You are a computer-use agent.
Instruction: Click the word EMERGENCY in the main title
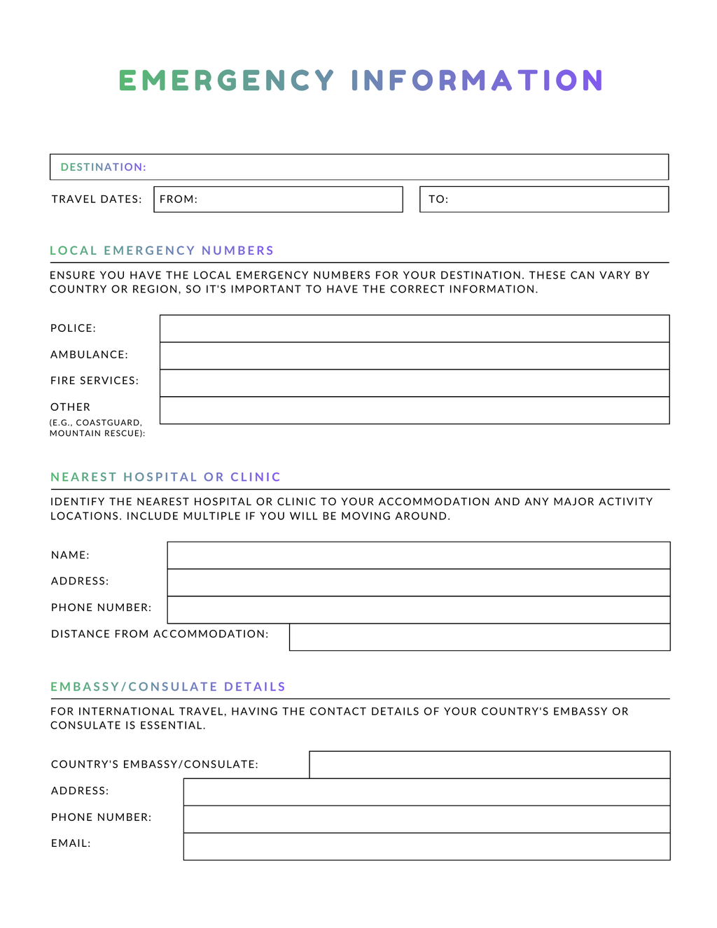pos(226,80)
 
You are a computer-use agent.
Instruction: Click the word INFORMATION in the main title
pos(477,80)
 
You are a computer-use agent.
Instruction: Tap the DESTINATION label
pos(103,167)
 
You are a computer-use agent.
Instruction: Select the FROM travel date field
pos(278,199)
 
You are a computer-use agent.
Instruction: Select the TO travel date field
pos(544,199)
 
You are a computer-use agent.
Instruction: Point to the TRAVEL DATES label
pos(97,199)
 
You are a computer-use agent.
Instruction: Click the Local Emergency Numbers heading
pos(162,251)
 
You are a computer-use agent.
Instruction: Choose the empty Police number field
pos(415,328)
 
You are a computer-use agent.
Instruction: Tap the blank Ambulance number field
pos(415,356)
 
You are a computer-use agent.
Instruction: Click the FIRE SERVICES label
pos(95,381)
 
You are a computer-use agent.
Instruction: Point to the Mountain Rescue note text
pos(97,433)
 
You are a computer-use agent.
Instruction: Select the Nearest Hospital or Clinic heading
pos(165,477)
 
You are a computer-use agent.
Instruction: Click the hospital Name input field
pos(418,555)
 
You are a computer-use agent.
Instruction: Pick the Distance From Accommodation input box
pos(480,637)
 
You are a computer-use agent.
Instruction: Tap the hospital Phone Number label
pos(101,607)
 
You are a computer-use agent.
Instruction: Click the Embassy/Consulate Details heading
pos(168,687)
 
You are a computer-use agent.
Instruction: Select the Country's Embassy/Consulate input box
pos(489,764)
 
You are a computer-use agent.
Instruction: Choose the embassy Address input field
pos(426,792)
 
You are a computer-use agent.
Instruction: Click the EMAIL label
pos(71,843)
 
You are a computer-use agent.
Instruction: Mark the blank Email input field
pos(426,846)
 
